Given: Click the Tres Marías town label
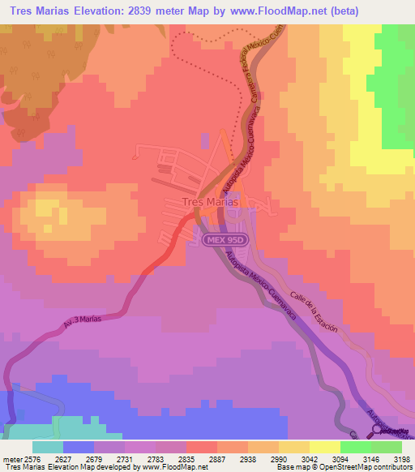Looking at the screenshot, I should pyautogui.click(x=208, y=203).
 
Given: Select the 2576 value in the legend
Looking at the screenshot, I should pyautogui.click(x=30, y=460).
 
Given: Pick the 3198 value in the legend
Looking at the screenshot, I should pyautogui.click(x=400, y=460).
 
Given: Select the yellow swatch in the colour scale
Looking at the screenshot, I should pyautogui.click(x=324, y=447).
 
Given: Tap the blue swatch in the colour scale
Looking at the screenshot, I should pyautogui.click(x=79, y=447).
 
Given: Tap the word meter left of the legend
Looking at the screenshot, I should pyautogui.click(x=11, y=460).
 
